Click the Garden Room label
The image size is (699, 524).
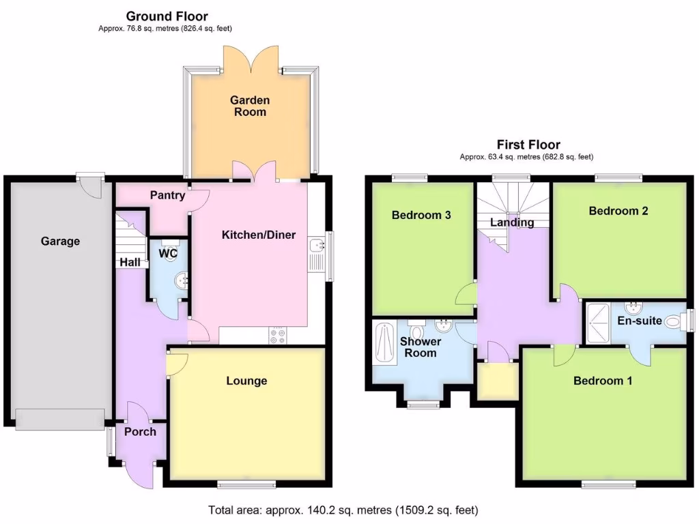(x=250, y=106)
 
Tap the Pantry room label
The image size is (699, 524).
(x=167, y=195)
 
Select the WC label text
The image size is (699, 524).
(x=168, y=254)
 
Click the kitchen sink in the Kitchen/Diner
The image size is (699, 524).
(x=317, y=252)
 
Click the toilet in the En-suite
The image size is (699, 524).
(x=676, y=320)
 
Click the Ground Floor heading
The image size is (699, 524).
(x=167, y=16)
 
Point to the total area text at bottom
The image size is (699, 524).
(x=343, y=510)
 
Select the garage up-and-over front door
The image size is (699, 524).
(x=60, y=418)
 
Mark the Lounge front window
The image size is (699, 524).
(x=246, y=484)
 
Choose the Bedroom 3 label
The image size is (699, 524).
(x=421, y=215)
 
